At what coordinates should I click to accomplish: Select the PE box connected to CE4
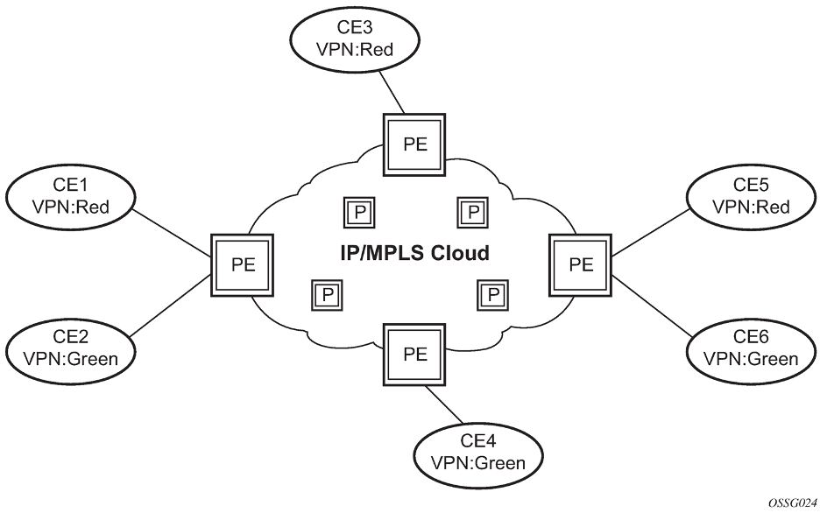pos(415,355)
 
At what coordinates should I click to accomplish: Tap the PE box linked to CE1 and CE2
pos(243,264)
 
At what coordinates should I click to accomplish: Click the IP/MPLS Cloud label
pos(414,254)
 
